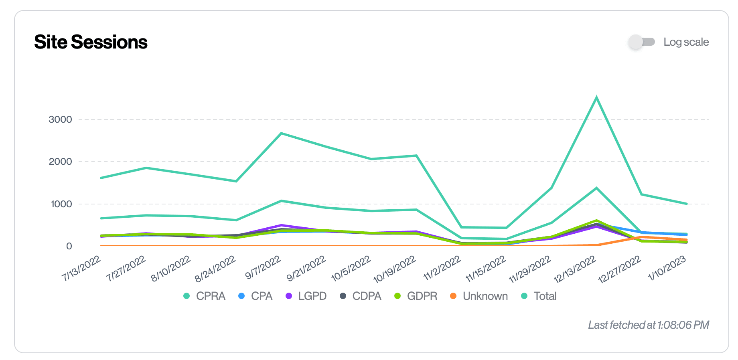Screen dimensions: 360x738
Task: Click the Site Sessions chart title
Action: coord(91,42)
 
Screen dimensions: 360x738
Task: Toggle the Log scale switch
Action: coord(641,42)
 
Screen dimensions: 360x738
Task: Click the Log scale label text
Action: coord(686,42)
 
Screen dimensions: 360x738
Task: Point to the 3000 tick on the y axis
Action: coord(60,119)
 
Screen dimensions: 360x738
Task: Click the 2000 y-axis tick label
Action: coord(60,162)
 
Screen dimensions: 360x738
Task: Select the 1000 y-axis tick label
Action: coord(61,204)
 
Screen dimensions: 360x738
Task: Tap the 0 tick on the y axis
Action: coord(69,246)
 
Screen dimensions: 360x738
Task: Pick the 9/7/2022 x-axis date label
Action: coord(263,268)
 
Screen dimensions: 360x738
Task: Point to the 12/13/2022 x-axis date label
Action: coord(575,269)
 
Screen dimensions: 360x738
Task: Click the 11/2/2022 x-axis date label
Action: coord(442,268)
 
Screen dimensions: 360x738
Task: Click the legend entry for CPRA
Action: coord(205,296)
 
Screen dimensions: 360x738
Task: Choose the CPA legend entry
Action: coord(255,296)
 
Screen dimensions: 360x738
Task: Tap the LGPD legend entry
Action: coord(306,296)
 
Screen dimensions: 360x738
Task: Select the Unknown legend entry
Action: coord(479,296)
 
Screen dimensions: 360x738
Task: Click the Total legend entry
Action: coord(539,296)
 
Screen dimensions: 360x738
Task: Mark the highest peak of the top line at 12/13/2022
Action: coord(597,97)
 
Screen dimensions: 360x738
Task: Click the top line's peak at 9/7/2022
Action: coord(282,133)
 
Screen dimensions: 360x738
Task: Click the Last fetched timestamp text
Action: coord(648,325)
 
